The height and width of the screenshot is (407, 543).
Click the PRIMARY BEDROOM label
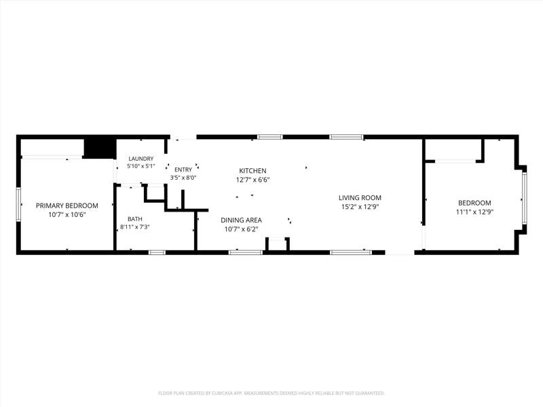pos(67,206)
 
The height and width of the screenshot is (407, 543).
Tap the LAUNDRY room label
pos(141,159)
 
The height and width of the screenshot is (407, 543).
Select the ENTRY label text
pos(183,170)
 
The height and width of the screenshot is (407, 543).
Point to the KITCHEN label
pos(252,171)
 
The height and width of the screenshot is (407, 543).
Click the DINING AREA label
pos(242,220)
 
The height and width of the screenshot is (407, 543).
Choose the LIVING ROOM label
pos(360,197)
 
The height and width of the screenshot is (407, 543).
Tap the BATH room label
pos(134,218)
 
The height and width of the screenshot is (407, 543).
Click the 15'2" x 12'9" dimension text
pos(360,207)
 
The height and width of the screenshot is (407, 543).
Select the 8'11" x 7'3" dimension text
pos(134,227)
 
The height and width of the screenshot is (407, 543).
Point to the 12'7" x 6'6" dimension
pos(252,180)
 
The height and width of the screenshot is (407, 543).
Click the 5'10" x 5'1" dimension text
pos(141,166)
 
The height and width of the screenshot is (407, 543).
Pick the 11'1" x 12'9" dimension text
pos(474,212)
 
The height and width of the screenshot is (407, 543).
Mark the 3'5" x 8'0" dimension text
pos(183,178)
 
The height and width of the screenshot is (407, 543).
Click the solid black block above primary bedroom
pos(100,149)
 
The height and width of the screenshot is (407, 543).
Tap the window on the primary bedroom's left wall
pos(19,205)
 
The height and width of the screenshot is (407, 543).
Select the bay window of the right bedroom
pos(525,197)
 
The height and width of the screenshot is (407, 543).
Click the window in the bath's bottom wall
pos(157,252)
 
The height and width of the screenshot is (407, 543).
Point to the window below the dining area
pos(246,252)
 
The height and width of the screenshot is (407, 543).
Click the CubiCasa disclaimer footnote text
pos(271,393)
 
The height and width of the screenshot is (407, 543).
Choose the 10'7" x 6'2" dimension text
pos(242,229)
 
